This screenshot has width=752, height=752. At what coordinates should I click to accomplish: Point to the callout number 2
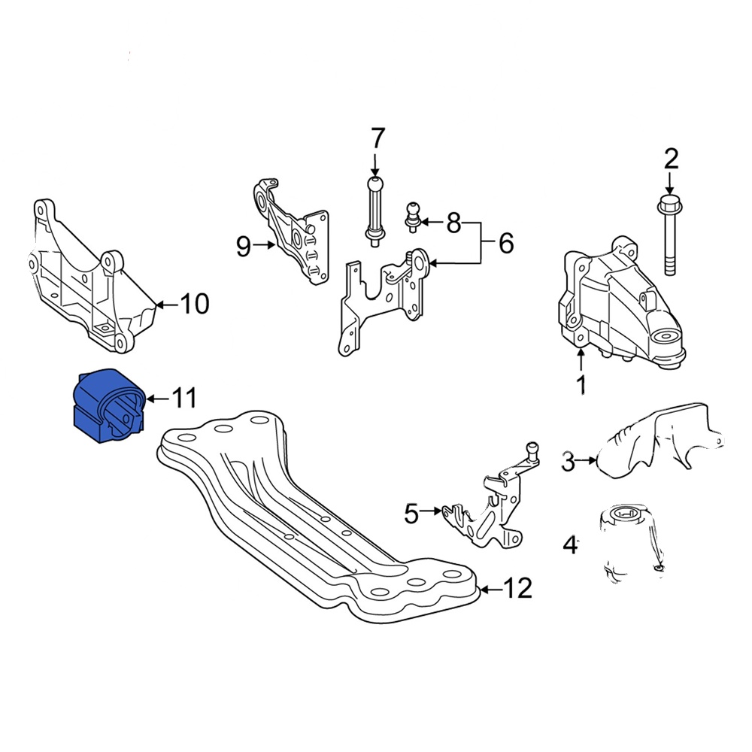(x=671, y=159)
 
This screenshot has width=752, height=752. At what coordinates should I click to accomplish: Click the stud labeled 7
(x=374, y=211)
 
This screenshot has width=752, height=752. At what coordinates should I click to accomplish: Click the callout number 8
(x=453, y=223)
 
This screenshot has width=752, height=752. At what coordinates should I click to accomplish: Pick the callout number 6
(x=505, y=243)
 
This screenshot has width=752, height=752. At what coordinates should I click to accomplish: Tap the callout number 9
(x=243, y=246)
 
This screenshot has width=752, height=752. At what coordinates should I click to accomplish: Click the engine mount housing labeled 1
(x=617, y=305)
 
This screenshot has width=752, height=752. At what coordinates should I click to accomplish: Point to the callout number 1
(x=581, y=385)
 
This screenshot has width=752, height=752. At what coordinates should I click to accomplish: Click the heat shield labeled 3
(x=654, y=444)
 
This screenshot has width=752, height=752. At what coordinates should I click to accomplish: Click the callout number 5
(x=411, y=514)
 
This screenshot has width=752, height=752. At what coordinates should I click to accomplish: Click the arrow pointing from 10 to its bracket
(x=167, y=305)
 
